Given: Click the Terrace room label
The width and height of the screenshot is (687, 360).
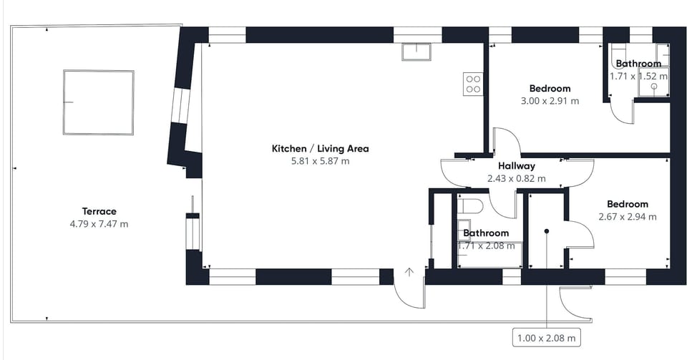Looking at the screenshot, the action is pos(99,211).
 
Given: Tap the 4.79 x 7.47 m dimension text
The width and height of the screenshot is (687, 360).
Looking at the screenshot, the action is pos(99,224).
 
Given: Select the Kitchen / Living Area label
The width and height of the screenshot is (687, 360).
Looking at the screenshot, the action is pos(321,148).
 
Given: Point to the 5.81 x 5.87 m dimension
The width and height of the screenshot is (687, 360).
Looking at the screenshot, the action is pos(321,161).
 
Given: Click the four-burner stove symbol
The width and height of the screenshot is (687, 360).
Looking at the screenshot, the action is pos(473,84).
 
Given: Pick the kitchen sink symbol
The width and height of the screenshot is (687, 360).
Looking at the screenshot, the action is pos(416,52).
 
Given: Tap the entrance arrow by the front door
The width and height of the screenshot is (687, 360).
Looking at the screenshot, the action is pos(409,273).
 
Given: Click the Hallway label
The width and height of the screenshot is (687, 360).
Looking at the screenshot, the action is pos(517,166).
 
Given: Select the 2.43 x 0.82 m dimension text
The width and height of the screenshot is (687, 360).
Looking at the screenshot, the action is pos(517,179).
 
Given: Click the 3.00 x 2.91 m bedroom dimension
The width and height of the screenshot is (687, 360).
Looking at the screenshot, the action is pos(550,101).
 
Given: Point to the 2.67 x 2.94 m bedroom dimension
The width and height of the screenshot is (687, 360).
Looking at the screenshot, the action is pos(628,217).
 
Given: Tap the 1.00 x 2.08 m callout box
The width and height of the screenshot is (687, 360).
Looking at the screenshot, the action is pos(546,338).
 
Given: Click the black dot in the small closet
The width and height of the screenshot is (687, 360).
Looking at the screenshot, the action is pos(547,230).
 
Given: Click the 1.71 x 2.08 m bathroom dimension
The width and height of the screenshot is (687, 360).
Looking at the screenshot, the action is pos(487,246).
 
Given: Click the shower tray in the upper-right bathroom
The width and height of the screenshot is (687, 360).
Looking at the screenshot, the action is pos(654,82).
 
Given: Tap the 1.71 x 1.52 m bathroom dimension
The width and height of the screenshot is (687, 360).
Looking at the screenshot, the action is pos(639,76).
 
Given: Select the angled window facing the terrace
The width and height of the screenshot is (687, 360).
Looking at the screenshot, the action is pos(180,107).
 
